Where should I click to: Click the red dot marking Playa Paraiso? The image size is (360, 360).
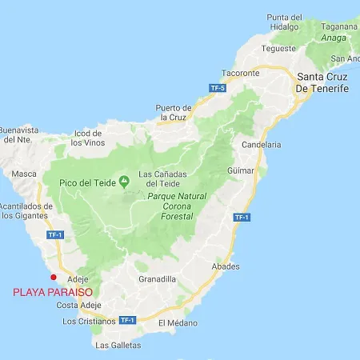click(x=54, y=278)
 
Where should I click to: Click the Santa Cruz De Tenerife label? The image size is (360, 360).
click(x=322, y=82)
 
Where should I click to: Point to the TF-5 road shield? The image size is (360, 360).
click(x=218, y=87)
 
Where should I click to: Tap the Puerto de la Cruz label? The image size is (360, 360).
click(x=174, y=112)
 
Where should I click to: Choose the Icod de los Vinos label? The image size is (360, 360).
click(x=88, y=138)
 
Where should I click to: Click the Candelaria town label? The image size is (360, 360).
click(x=262, y=145)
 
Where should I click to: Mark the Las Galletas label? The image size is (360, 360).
click(x=118, y=346)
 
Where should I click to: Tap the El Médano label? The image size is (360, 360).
click(x=177, y=323)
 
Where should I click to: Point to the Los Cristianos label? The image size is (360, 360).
click(x=89, y=322)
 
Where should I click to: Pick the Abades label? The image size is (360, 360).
click(x=225, y=266)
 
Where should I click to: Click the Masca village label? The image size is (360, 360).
click(x=25, y=174)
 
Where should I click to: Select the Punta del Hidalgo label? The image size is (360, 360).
click(x=285, y=22)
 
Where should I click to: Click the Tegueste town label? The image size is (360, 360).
click(x=278, y=48)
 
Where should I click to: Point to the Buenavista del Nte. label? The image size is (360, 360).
click(x=19, y=134)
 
